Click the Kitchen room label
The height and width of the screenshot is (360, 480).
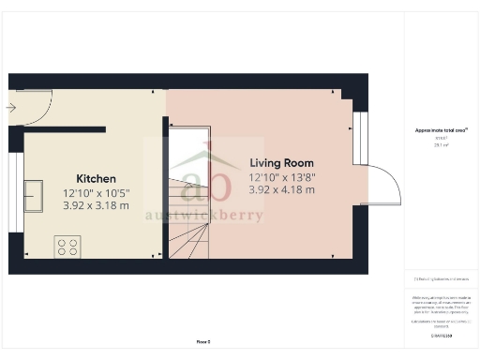(96, 178)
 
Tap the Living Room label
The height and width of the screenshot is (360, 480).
(281, 162)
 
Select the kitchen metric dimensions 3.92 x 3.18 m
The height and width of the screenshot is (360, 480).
(96, 204)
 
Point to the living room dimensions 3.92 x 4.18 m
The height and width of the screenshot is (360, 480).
(281, 189)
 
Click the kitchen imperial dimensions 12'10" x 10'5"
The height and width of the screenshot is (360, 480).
(96, 192)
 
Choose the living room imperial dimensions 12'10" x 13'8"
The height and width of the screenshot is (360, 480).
(281, 176)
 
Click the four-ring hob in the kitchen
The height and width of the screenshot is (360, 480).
(67, 247)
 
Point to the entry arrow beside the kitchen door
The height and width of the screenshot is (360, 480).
(10, 108)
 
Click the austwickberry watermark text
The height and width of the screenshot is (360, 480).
(203, 216)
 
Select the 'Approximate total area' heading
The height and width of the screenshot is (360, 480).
(441, 130)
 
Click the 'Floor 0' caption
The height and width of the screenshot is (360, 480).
(203, 343)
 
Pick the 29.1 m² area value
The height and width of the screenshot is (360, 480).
(440, 144)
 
